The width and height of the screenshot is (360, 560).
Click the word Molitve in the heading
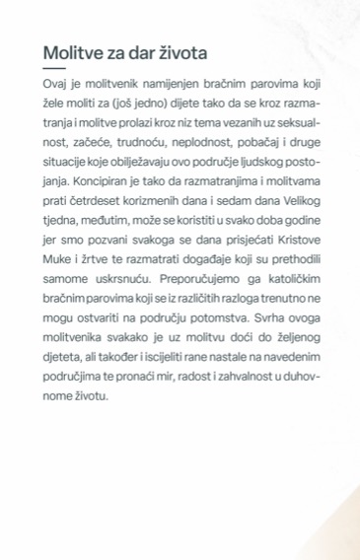[x=75, y=52]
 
